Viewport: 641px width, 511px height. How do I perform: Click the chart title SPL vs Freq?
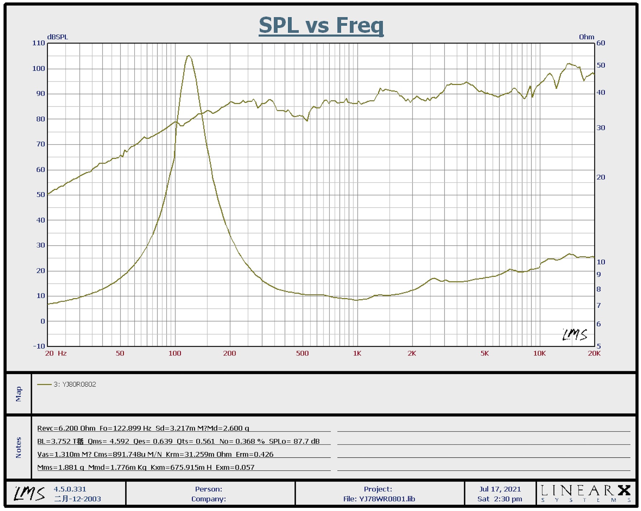click(321, 26)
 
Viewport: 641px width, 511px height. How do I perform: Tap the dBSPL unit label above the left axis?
click(57, 37)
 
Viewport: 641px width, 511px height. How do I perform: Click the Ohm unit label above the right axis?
click(586, 37)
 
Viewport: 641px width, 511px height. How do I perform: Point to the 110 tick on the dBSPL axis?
click(39, 43)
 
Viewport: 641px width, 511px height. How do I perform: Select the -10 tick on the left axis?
click(39, 346)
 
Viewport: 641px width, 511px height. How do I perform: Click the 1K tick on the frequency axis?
click(357, 354)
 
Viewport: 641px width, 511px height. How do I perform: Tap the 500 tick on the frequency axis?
click(302, 354)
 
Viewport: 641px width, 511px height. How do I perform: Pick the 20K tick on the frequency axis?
click(594, 354)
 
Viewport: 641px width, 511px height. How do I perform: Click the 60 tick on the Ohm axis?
click(601, 43)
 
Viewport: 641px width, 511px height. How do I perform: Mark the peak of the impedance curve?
click(189, 56)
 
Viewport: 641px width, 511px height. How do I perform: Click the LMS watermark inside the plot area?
click(575, 335)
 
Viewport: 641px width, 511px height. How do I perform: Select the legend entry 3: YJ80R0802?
click(75, 385)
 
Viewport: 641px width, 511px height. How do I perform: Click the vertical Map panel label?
click(19, 394)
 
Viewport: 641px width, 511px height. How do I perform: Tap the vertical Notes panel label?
click(19, 447)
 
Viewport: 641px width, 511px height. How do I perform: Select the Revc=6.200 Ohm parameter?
click(66, 428)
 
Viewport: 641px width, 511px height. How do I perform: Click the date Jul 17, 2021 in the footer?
click(500, 489)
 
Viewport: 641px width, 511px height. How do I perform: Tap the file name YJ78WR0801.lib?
click(387, 499)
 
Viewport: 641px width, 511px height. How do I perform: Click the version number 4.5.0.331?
click(70, 489)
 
